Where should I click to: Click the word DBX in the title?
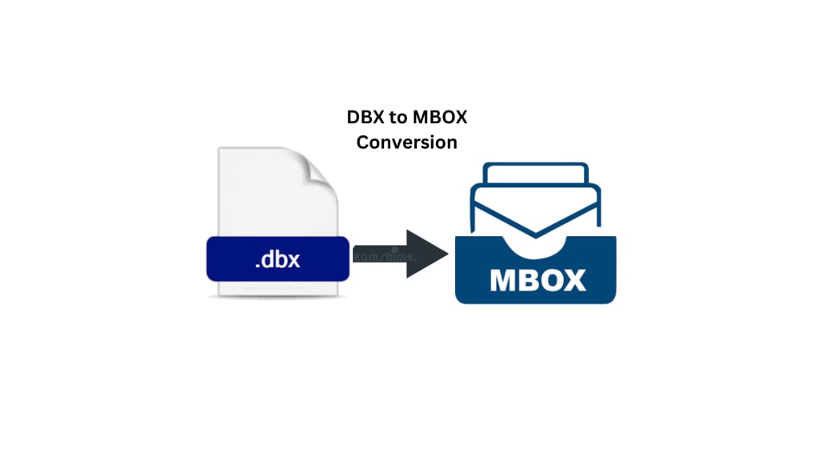(364, 118)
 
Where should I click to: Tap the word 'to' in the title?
(398, 118)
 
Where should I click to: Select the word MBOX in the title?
(439, 118)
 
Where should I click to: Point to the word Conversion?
(407, 142)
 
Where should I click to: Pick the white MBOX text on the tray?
(536, 280)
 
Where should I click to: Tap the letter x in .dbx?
(295, 261)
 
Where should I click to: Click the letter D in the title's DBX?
(353, 118)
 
